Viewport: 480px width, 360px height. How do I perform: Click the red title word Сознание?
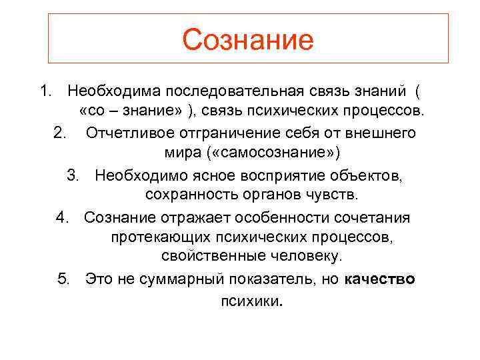coord(247,40)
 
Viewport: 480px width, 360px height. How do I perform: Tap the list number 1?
coord(44,89)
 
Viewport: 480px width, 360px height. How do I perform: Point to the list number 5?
coord(63,279)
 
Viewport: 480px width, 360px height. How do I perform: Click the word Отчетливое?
coord(127,133)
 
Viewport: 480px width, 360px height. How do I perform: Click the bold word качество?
coord(381,279)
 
